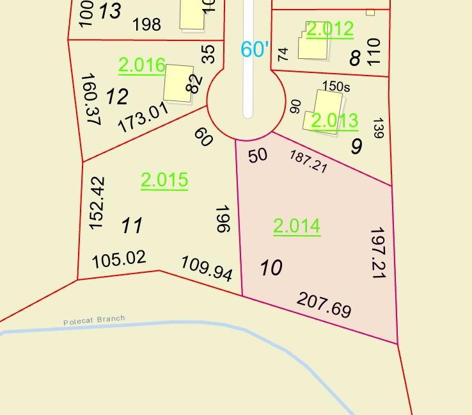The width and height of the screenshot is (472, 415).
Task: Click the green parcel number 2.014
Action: (x=297, y=226)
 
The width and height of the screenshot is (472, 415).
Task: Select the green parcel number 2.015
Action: (x=164, y=180)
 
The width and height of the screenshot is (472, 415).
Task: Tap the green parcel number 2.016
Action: (x=142, y=65)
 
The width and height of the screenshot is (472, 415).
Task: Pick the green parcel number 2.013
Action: (x=334, y=120)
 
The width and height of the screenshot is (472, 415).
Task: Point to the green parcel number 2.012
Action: (x=330, y=29)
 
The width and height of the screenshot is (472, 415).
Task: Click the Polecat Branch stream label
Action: (x=94, y=320)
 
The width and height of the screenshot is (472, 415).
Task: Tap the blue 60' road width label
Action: (x=254, y=49)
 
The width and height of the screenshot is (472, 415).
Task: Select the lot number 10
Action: (x=271, y=268)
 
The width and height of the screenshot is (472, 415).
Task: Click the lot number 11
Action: (x=132, y=225)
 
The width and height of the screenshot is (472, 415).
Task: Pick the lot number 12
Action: (x=117, y=97)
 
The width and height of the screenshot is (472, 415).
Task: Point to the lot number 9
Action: (x=356, y=146)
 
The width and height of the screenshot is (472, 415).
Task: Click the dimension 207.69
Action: (x=324, y=305)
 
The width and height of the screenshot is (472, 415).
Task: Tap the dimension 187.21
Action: (x=308, y=161)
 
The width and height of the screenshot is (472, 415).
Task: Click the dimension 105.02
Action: (x=119, y=259)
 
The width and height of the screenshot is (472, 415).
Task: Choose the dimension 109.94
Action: (x=207, y=267)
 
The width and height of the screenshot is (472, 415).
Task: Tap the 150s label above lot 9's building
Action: (x=337, y=86)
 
